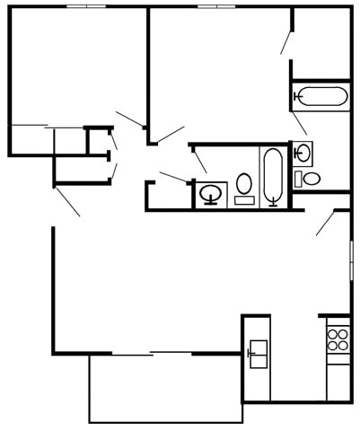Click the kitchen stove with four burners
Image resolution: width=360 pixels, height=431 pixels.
coord(338,339)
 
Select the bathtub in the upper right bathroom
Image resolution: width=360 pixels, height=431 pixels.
coord(320,96)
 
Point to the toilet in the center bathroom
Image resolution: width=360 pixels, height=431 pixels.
coord(244,187)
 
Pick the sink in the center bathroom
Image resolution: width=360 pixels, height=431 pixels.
coord(213,193)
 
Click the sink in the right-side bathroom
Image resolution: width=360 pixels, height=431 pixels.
coord(303,153)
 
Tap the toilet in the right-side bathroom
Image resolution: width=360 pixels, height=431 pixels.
coord(310,178)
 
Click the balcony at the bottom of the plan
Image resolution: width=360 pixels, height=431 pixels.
coord(165,388)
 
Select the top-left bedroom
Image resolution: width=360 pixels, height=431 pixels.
coord(76,67)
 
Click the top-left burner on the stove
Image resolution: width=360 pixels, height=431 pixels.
coord(332,333)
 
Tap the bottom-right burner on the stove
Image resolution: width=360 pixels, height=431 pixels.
coord(342,344)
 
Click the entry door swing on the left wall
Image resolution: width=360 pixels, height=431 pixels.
coord(67,200)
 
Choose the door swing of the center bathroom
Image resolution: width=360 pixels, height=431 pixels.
coord(199,160)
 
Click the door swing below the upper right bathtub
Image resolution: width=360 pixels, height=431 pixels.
coord(298,122)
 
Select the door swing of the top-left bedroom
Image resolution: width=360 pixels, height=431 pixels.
coord(131,119)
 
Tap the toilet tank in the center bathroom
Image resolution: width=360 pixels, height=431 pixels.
coord(244,200)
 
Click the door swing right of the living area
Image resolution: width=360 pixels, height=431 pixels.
coord(326,223)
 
